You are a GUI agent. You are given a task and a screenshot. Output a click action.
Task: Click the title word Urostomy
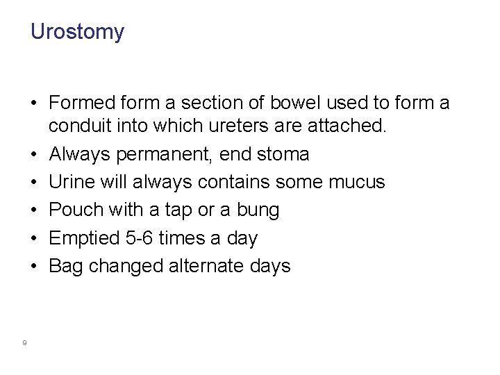(x=77, y=32)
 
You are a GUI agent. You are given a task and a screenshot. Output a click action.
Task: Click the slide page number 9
(x=24, y=342)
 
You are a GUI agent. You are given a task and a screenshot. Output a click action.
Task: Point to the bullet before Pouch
(x=34, y=210)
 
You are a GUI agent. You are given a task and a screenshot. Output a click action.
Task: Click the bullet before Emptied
(x=34, y=238)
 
